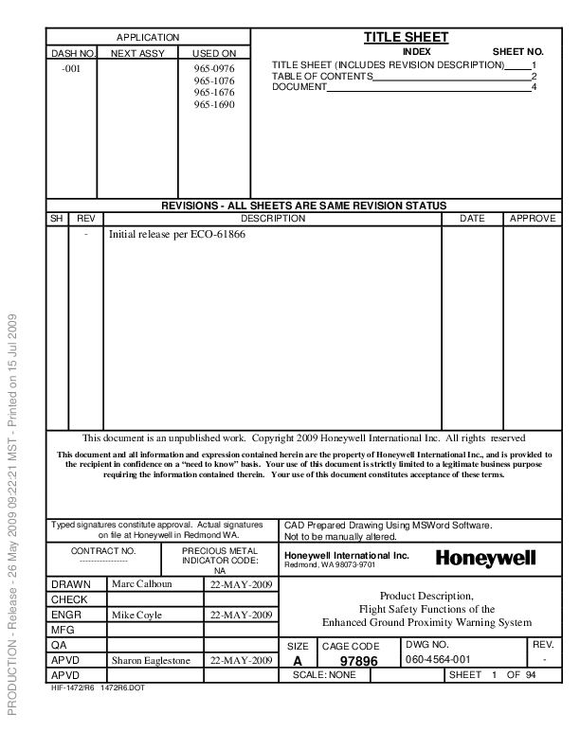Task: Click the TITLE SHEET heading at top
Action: coord(406,37)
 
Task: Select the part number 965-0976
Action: coord(214,69)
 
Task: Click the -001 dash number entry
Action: coord(71,70)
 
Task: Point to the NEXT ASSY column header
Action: coord(137,54)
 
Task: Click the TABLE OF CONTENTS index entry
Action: coord(322,76)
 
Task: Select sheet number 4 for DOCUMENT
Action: coord(535,87)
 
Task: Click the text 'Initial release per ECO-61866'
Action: coord(178,234)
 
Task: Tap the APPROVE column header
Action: coord(532,219)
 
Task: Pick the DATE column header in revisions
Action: coord(472,219)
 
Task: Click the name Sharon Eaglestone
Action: coord(153,659)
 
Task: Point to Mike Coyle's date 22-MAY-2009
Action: coord(240,615)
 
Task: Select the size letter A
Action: coord(299,660)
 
